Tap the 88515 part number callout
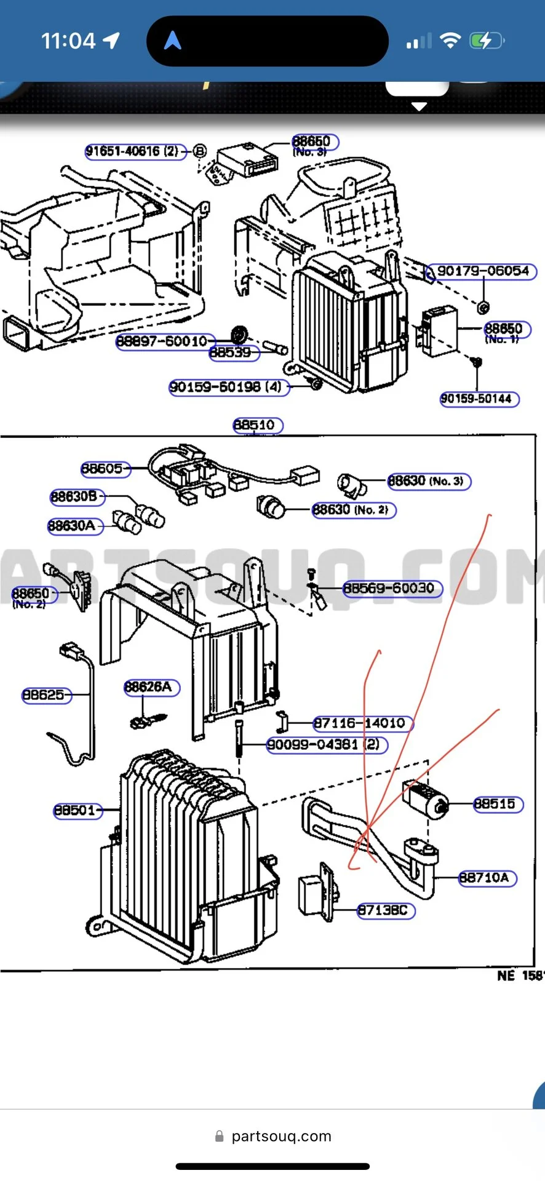pos(498,804)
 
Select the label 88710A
pos(487,878)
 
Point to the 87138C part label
pos(386,910)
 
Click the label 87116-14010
pos(361,723)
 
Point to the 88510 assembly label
pos(257,425)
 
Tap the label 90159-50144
pos(479,399)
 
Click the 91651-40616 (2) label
pos(133,151)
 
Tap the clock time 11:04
pos(68,41)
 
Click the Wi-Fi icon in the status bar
pos(451,41)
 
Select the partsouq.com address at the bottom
pos(280,1136)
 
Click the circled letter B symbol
pos(200,151)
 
